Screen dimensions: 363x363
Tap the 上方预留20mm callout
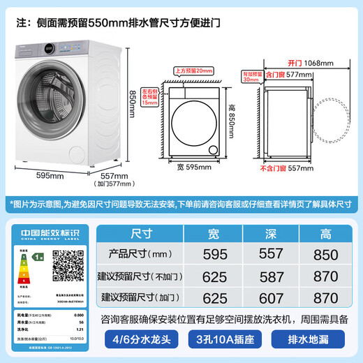tap(194, 71)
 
